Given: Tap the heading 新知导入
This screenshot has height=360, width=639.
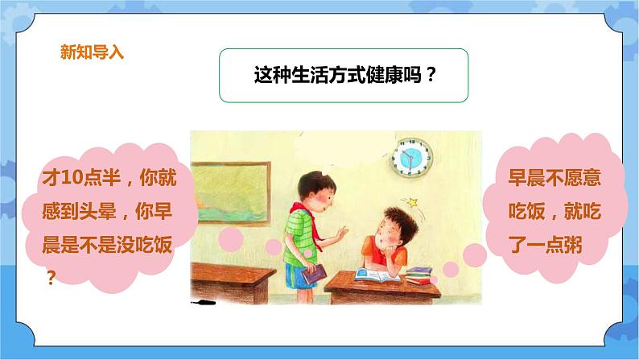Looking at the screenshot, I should tap(93, 54).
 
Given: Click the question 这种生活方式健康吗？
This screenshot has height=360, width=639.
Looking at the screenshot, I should tap(344, 77).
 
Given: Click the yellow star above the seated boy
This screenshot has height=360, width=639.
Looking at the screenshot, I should tap(416, 200).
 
